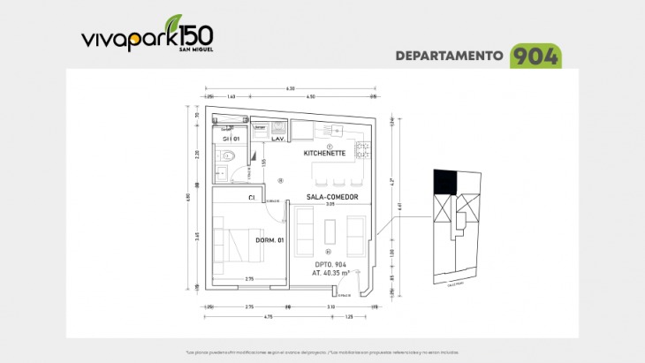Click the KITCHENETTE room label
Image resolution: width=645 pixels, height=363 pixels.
pos(324,153)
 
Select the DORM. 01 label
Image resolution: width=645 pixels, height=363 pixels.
pos(269,241)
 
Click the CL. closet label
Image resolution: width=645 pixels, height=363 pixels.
pos(252,198)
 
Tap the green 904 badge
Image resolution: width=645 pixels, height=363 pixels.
pos(535,56)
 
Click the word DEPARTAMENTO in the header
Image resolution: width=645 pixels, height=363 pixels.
pos(449,56)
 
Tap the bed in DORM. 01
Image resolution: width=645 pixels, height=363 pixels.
pos(239,243)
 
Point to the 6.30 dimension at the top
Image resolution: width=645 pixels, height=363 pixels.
pos(290,88)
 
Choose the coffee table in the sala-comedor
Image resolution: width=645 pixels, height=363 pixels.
pos(330,231)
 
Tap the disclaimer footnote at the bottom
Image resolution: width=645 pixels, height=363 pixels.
pos(322,352)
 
